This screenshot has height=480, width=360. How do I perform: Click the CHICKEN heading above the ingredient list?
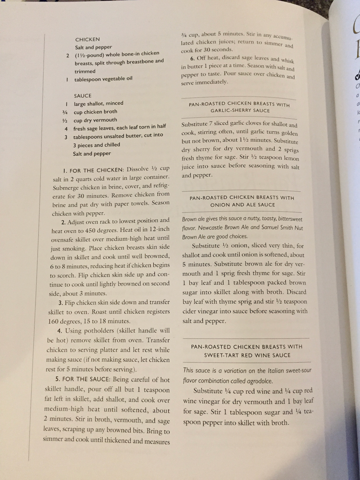click(x=87, y=39)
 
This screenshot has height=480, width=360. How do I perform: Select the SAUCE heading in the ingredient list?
click(x=82, y=96)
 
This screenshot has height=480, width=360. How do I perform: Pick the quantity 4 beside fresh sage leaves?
click(x=66, y=129)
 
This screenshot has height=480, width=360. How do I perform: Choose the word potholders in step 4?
click(x=96, y=331)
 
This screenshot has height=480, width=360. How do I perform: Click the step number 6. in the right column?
click(x=193, y=58)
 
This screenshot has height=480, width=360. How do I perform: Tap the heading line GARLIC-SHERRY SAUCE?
click(x=240, y=111)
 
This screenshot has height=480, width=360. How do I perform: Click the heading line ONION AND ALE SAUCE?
click(x=243, y=205)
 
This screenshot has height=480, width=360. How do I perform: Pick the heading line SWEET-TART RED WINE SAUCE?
click(x=247, y=355)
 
